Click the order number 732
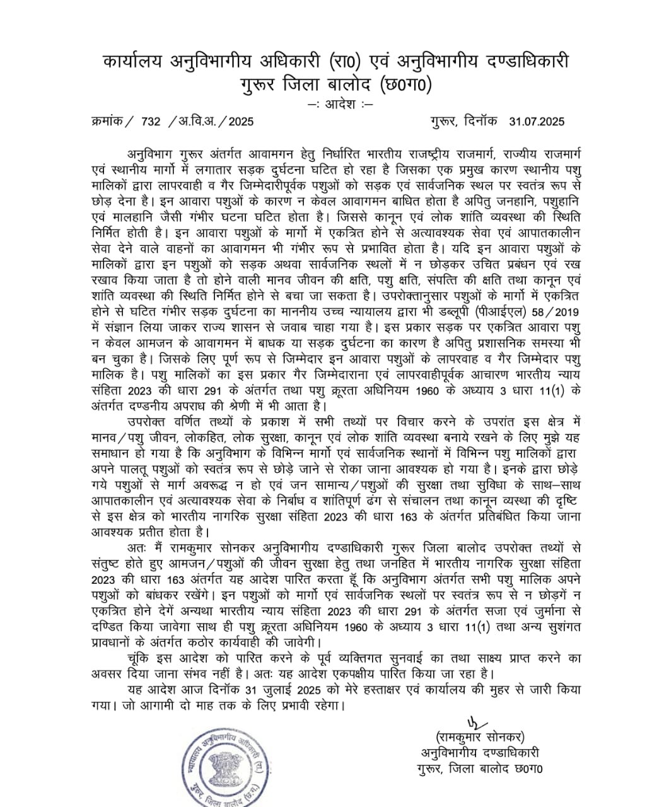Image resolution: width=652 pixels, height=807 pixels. [152, 122]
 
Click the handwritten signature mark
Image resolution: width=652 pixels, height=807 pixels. [472, 723]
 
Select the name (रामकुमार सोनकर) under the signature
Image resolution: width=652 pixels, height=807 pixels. [479, 737]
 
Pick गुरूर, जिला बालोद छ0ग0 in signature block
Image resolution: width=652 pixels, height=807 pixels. [479, 769]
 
